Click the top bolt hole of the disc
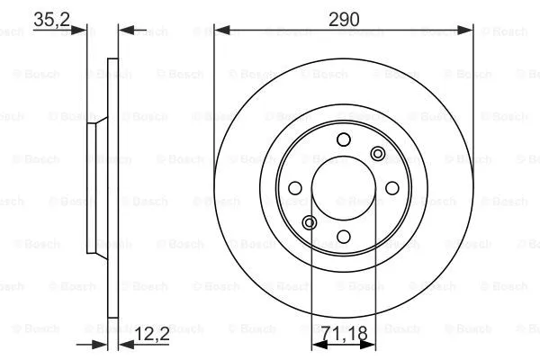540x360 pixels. pos(343,139)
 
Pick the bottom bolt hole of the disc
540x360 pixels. pos(343,236)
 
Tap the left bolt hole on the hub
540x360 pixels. pos(294,188)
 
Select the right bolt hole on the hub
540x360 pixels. pos(391,188)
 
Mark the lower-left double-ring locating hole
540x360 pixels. pos(309,222)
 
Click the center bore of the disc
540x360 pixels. pos(343,188)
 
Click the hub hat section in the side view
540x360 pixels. pos(93,188)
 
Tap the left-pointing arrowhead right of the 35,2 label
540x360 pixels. pos(125,31)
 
